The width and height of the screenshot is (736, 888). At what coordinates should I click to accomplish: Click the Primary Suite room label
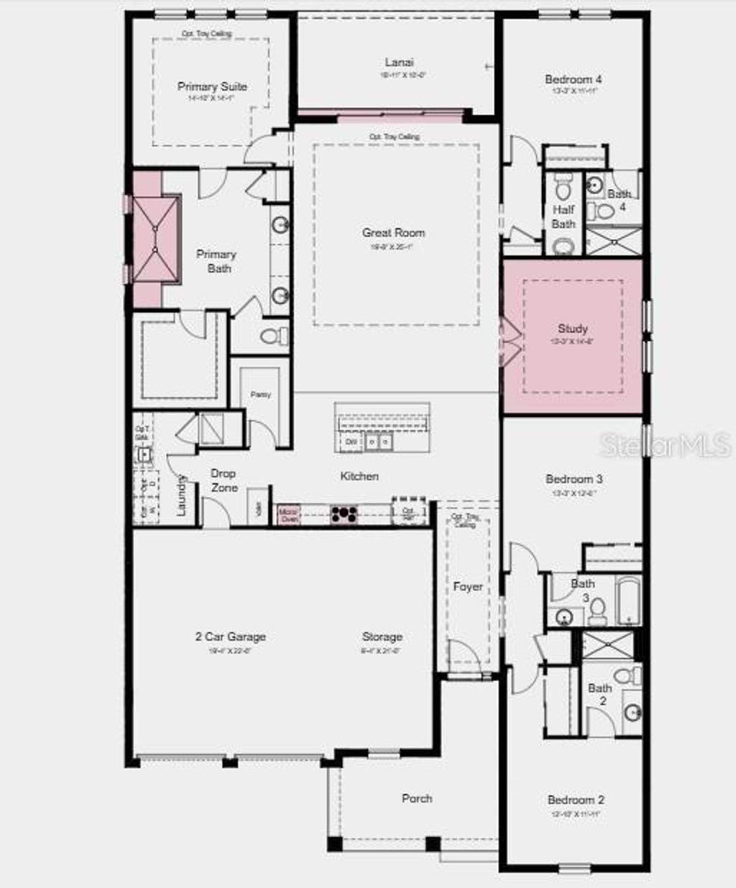point(212,86)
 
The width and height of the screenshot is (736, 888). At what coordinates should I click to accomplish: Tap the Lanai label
point(399,63)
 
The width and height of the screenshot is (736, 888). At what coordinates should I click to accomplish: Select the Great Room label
point(393,232)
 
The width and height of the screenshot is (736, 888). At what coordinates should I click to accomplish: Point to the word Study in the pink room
point(573,329)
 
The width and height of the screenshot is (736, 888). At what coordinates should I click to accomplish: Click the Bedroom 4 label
point(573,80)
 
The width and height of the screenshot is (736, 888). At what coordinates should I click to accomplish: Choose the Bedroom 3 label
point(574,479)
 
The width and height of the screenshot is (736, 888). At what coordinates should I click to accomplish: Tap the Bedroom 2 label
point(576,800)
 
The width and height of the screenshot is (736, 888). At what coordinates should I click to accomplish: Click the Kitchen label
point(359,476)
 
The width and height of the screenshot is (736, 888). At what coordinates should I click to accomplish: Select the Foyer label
point(468,587)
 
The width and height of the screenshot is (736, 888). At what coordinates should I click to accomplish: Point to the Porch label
point(417,798)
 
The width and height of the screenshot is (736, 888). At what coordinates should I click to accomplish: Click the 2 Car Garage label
point(230,636)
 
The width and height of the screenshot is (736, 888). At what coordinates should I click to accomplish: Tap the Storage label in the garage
point(382,636)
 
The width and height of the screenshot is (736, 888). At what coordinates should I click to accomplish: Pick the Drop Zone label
point(224,480)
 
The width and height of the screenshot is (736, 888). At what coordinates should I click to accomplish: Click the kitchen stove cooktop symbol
point(344,514)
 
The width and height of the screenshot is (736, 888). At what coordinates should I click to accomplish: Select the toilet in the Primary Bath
point(272,336)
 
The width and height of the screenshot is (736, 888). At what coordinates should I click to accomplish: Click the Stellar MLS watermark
point(665,445)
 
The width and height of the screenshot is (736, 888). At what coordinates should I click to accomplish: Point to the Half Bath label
point(563,217)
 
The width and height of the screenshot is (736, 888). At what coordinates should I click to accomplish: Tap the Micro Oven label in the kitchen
point(288,515)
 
